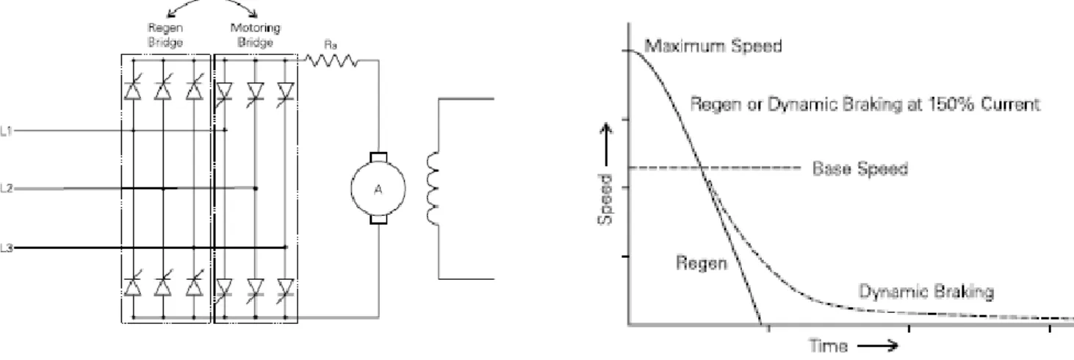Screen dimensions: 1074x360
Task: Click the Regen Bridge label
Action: coord(165,35)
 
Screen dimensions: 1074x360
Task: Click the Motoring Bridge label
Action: coord(256,35)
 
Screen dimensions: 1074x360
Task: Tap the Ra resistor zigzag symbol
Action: coord(332,60)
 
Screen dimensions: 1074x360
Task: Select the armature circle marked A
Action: coord(378,189)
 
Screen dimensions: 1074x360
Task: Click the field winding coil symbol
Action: coord(433,188)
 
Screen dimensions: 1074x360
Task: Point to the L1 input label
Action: coord(6,131)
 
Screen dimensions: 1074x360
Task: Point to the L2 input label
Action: coord(6,188)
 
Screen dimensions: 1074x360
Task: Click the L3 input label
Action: coord(6,248)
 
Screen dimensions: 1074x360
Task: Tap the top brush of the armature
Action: coord(378,157)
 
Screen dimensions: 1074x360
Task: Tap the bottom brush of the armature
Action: coord(378,220)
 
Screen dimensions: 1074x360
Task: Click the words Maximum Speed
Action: coord(713,46)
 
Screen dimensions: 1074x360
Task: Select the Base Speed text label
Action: coord(860,169)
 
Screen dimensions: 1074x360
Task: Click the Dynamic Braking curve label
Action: coord(926,292)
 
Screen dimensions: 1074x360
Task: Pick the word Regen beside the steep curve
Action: coord(702,263)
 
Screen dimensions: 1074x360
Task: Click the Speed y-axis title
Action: coord(605,199)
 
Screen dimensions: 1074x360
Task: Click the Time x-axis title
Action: coord(829,345)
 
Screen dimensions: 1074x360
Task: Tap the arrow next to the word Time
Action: coord(878,345)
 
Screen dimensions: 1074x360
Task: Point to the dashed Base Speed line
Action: coord(715,168)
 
